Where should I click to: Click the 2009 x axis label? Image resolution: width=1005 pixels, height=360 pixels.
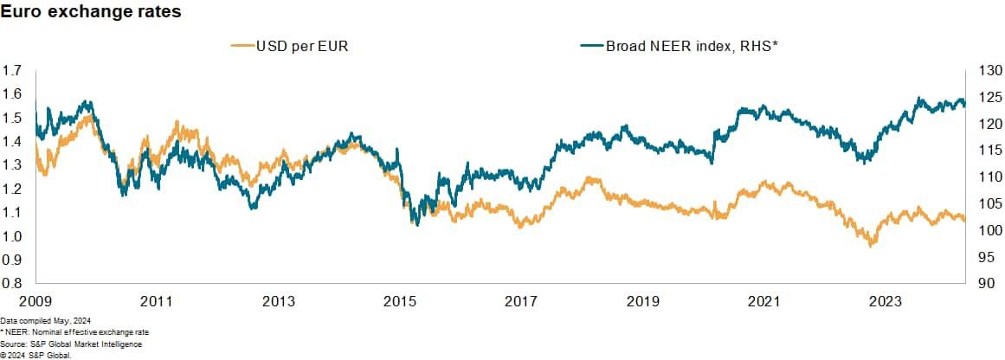(35, 302)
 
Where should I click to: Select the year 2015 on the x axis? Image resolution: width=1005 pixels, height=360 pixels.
(399, 302)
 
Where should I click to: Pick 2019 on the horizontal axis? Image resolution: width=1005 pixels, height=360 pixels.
(642, 302)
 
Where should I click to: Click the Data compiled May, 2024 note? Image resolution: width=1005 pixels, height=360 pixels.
(45, 321)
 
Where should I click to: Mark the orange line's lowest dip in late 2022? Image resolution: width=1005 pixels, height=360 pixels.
(871, 247)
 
